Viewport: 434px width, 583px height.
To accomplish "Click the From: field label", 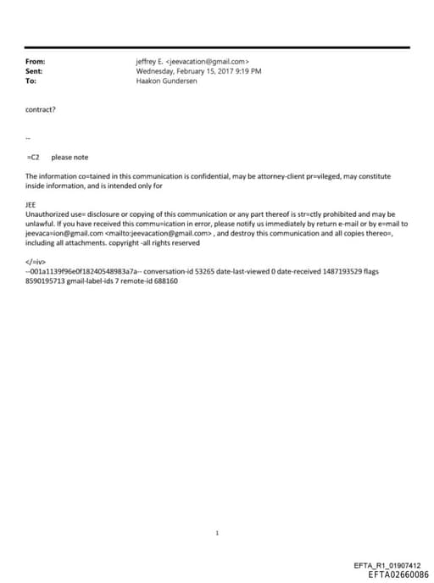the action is point(35,62).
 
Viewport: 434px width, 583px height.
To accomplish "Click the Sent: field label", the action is point(35,71).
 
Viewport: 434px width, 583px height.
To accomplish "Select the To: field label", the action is point(31,81).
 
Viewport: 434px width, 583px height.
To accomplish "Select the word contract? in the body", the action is point(42,109).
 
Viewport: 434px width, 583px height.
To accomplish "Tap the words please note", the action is point(70,157).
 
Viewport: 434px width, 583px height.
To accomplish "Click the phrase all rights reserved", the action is point(173,242).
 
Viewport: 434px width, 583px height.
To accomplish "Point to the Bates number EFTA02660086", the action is point(392,574).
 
